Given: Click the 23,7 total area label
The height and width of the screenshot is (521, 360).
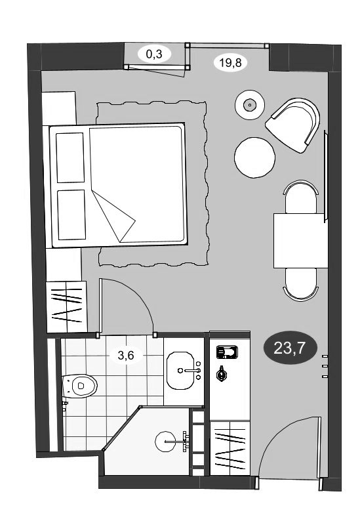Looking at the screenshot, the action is click(290, 348).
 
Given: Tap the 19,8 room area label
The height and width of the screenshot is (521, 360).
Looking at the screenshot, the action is click(230, 62).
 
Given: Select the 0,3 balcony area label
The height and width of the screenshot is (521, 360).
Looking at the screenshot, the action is click(155, 54).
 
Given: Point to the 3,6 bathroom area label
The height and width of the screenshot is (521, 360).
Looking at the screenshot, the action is click(126, 356).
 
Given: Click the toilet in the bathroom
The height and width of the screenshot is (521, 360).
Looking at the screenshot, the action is click(79, 386).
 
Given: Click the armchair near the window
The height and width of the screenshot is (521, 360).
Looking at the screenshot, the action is click(293, 125).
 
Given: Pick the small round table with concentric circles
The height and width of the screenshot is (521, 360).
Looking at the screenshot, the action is click(249, 105).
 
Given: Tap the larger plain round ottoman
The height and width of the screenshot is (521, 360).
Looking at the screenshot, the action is click(254, 157).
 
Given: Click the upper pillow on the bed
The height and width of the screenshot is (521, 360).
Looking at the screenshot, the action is click(70, 157).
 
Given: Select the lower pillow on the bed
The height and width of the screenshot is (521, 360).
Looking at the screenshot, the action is click(71, 215).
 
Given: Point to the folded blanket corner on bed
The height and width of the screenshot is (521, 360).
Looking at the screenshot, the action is click(113, 216).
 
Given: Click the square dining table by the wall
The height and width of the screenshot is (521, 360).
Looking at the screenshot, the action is click(298, 241).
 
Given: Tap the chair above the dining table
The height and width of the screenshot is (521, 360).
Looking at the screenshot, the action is click(301, 197).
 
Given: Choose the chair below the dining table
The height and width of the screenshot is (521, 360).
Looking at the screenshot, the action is click(301, 284).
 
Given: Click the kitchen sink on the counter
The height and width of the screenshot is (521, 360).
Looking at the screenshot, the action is click(227, 352).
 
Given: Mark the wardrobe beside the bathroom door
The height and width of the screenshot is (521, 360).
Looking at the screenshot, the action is click(67, 306).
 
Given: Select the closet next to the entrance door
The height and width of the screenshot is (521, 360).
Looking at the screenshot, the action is click(230, 448).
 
